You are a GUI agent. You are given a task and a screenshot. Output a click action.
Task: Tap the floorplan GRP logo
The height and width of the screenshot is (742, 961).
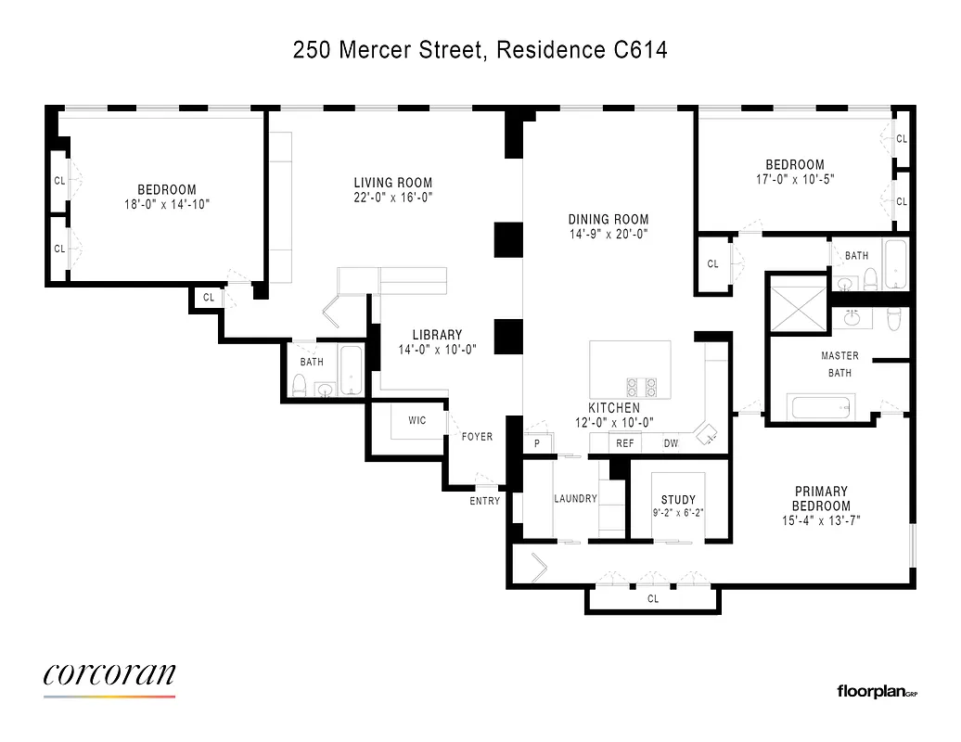click(877, 691)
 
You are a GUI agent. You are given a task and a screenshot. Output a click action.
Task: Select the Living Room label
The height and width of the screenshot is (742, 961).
click(393, 183)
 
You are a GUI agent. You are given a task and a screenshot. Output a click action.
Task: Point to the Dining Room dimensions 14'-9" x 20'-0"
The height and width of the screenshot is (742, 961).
click(608, 235)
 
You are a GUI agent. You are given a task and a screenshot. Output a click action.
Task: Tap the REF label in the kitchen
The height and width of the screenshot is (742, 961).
click(625, 444)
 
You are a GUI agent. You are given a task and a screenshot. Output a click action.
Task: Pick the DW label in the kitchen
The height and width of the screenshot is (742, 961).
click(671, 444)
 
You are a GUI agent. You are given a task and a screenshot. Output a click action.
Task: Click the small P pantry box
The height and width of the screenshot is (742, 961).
click(537, 444)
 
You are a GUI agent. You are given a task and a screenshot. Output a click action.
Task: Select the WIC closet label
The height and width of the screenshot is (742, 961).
click(417, 421)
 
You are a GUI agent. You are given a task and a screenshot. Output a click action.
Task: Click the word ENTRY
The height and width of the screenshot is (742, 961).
click(485, 501)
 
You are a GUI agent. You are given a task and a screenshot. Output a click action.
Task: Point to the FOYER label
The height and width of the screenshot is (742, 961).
click(478, 437)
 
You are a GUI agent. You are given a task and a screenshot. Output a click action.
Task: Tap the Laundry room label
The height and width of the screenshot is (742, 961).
click(575, 499)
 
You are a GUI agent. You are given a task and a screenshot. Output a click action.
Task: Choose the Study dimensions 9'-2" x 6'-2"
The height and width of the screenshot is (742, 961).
click(678, 512)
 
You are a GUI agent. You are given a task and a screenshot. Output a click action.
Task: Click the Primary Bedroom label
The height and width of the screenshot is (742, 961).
click(821, 498)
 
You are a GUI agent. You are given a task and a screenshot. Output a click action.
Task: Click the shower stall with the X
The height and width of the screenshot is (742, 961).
click(796, 302)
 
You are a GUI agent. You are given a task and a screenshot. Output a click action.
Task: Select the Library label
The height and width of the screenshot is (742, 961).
click(437, 335)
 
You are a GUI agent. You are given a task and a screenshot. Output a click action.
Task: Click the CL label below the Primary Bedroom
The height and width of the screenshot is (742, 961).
click(653, 599)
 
